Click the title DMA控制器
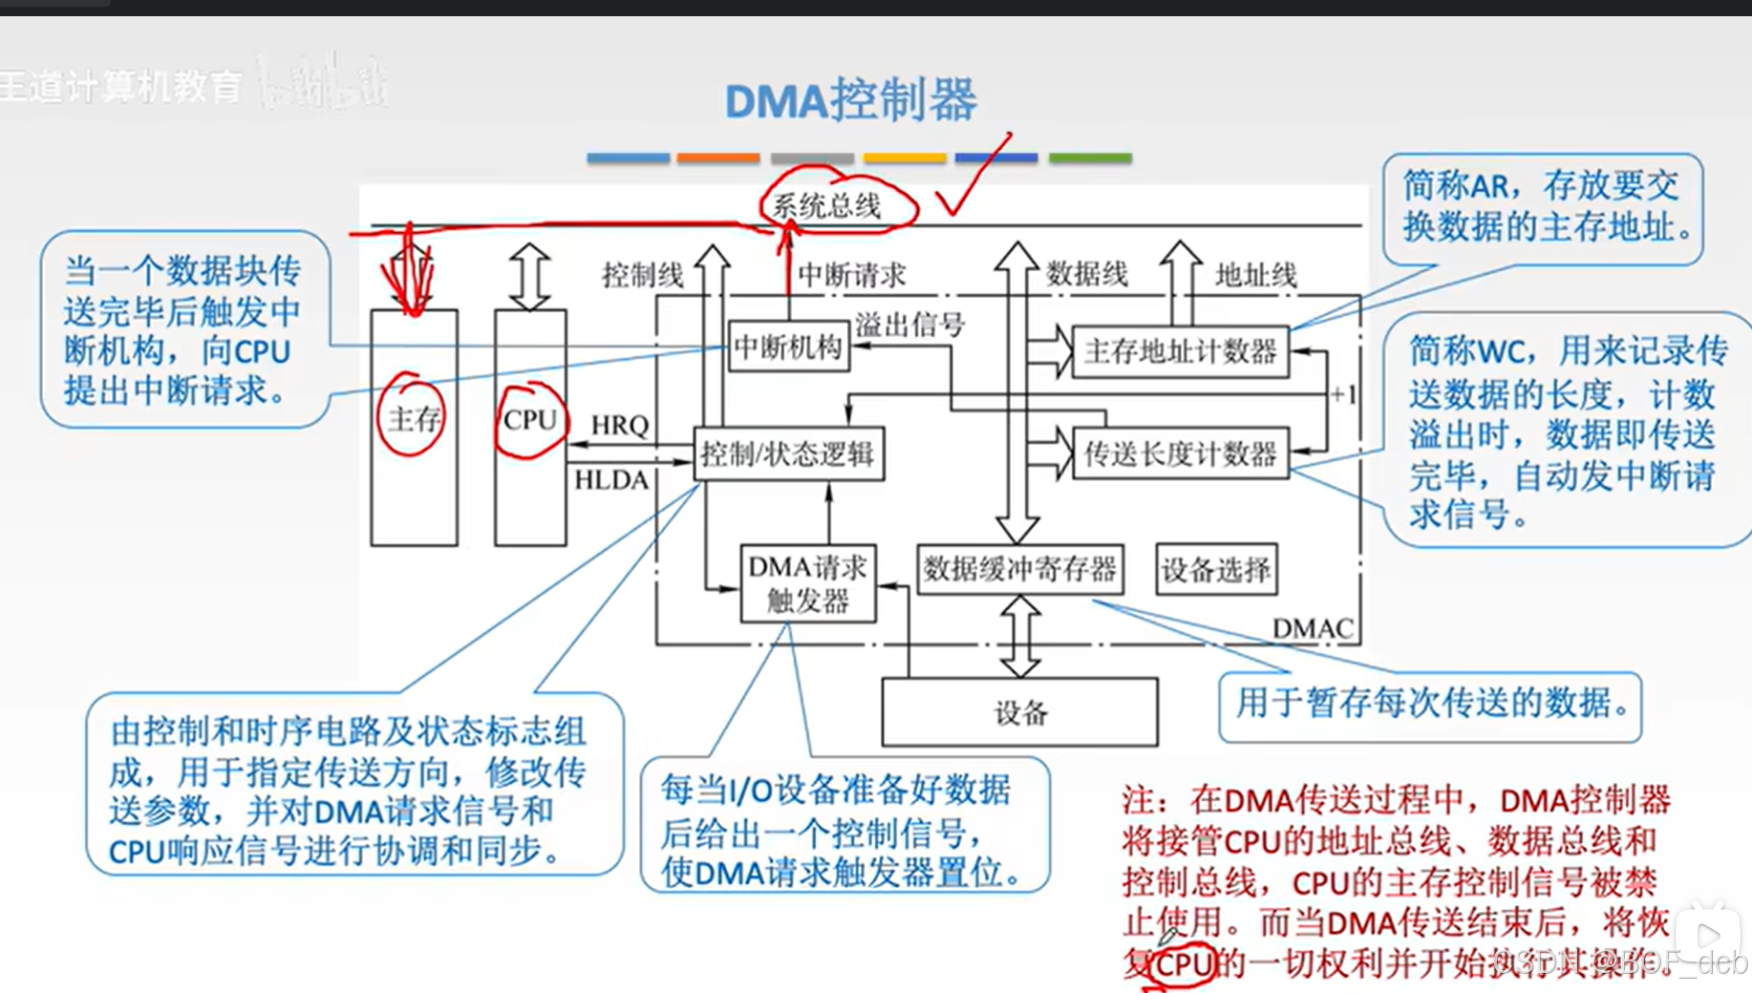(850, 100)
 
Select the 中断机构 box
(788, 348)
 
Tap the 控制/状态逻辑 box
(788, 454)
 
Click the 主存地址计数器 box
(1180, 352)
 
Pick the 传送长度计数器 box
(1180, 454)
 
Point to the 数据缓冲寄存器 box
(1019, 570)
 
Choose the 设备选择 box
(1215, 570)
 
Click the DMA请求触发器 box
(808, 583)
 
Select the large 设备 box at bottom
(1019, 712)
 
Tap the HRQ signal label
(619, 426)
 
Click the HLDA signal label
(611, 479)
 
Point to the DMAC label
(1313, 628)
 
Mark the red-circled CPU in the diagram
(530, 420)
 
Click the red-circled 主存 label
(413, 418)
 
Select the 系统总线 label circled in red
(827, 205)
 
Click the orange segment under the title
(718, 158)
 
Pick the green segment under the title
(1090, 158)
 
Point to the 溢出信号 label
(909, 325)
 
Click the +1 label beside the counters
(1343, 394)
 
